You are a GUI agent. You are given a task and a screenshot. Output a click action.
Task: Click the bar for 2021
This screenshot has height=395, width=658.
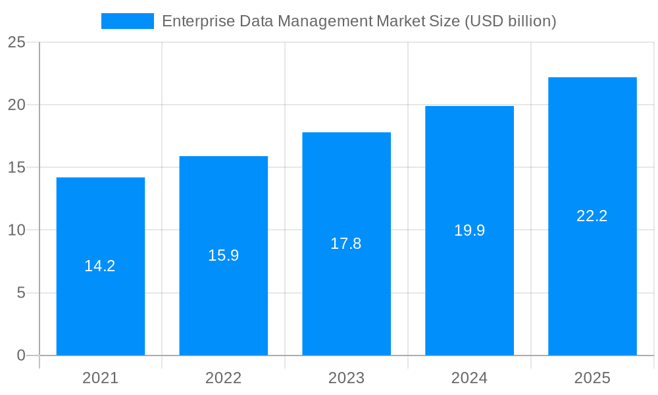click(100, 303)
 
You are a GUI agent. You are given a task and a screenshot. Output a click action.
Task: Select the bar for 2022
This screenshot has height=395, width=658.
click(223, 303)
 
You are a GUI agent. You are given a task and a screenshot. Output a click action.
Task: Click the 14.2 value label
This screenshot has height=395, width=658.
click(100, 266)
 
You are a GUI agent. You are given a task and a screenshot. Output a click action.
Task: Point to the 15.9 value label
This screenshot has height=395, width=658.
click(223, 255)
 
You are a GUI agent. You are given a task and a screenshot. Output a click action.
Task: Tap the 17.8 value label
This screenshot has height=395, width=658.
click(346, 244)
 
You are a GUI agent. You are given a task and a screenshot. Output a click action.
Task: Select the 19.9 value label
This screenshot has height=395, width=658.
click(469, 230)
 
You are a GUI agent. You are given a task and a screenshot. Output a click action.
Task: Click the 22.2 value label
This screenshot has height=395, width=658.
click(592, 216)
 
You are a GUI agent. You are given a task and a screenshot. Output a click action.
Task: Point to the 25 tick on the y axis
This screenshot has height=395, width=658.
click(16, 42)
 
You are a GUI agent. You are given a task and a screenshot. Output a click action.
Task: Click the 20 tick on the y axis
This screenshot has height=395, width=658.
click(16, 105)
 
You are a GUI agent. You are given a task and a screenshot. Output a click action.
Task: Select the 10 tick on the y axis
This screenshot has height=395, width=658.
click(16, 230)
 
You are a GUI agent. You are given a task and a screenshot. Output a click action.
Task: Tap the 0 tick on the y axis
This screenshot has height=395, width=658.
click(20, 355)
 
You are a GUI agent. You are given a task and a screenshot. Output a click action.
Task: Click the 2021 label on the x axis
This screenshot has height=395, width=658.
click(100, 378)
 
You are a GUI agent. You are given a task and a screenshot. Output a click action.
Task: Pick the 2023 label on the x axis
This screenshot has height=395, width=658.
click(346, 378)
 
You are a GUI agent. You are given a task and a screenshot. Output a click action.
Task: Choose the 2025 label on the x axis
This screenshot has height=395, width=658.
click(592, 378)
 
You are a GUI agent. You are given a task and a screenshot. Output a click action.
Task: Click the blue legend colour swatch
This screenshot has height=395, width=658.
click(127, 21)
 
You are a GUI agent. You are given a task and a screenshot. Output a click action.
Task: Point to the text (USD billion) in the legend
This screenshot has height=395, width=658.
click(511, 21)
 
